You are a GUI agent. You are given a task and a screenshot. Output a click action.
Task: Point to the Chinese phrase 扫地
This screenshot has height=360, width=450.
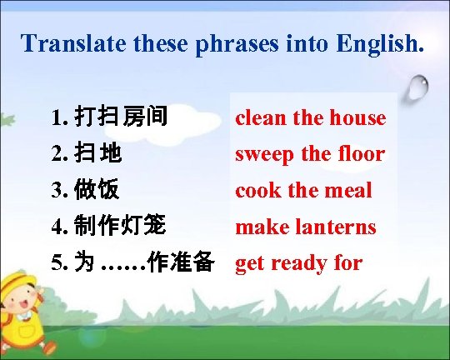(97, 154)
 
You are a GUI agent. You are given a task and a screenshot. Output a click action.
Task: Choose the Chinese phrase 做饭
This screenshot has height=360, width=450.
(97, 191)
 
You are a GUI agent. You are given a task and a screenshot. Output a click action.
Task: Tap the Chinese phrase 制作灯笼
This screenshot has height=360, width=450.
(121, 227)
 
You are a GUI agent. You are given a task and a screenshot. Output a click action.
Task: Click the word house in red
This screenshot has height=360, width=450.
(358, 118)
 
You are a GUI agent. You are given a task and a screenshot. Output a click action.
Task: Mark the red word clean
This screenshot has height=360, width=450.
(260, 118)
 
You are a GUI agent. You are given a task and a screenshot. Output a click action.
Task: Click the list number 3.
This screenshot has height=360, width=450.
(57, 191)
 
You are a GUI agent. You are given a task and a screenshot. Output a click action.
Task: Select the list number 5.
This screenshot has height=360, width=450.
(57, 263)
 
